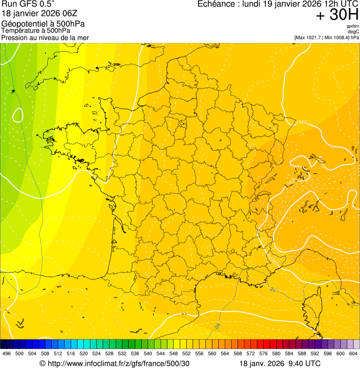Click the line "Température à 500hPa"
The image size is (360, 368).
(36, 30)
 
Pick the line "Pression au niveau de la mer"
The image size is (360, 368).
(45, 37)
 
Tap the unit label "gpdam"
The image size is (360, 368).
(353, 26)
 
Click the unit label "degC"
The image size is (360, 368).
(353, 31)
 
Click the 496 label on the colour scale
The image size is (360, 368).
(7, 353)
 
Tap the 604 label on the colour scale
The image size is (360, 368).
(353, 353)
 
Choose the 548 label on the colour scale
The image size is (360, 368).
(174, 353)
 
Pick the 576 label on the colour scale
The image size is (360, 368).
(264, 353)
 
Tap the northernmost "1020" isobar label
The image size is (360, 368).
(301, 123)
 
